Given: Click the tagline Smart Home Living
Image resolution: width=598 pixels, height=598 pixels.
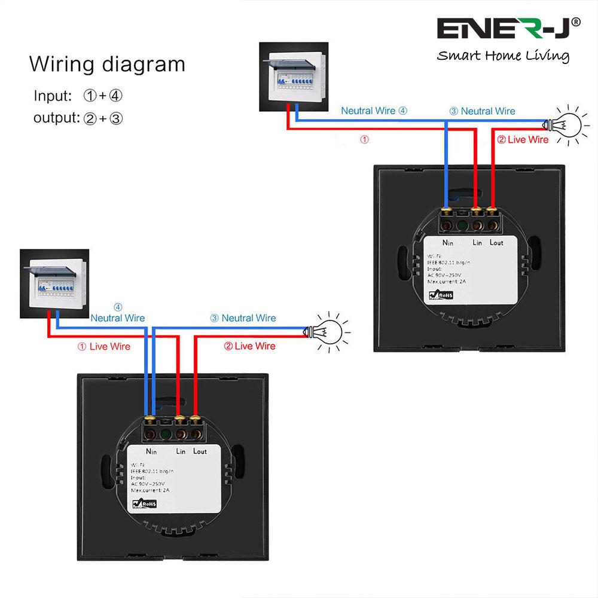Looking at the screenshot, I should [x=502, y=56].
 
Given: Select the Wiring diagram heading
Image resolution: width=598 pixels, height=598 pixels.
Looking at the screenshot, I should [x=107, y=64].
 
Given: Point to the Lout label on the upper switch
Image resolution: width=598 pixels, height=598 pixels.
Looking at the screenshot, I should [x=496, y=242].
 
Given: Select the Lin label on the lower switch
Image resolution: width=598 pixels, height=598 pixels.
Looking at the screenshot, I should [x=184, y=451].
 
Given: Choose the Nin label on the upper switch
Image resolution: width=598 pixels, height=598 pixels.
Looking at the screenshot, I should [x=448, y=243].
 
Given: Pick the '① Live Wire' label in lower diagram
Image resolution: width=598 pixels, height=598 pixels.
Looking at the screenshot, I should [x=104, y=346].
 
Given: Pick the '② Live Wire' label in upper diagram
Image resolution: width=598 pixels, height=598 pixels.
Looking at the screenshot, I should [x=523, y=140].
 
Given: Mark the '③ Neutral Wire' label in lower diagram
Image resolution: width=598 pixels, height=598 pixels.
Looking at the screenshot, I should [x=243, y=318].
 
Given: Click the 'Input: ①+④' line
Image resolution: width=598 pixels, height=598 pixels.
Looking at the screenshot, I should [x=78, y=96].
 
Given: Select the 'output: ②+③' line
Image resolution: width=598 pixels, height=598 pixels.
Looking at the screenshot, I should [x=78, y=118].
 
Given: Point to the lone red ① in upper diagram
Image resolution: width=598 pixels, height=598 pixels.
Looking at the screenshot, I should [x=365, y=139].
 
